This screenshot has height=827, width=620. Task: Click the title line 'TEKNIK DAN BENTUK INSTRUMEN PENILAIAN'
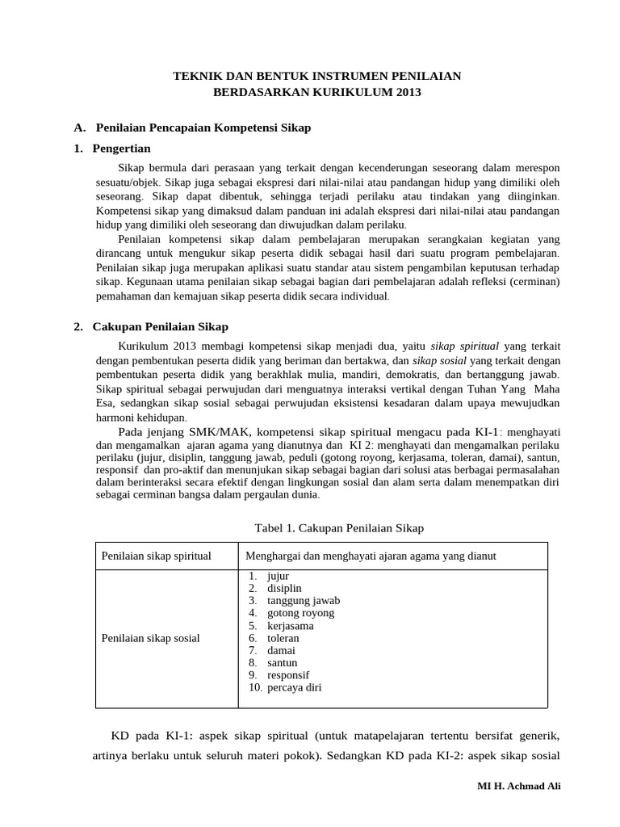(x=317, y=76)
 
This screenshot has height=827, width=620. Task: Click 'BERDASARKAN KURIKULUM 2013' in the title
(x=317, y=93)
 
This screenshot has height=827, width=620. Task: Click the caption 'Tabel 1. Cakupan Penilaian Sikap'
(x=339, y=527)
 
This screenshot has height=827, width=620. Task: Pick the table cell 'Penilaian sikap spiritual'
(x=156, y=556)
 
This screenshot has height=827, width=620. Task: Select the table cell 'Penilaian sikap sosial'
(x=150, y=638)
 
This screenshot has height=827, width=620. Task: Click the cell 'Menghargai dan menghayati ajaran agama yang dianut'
(x=371, y=556)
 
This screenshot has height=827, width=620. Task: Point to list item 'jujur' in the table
(x=277, y=576)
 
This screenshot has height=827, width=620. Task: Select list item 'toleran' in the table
(x=283, y=638)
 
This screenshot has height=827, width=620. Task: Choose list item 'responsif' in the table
(x=287, y=675)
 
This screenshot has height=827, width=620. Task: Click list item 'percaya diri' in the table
(x=294, y=688)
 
